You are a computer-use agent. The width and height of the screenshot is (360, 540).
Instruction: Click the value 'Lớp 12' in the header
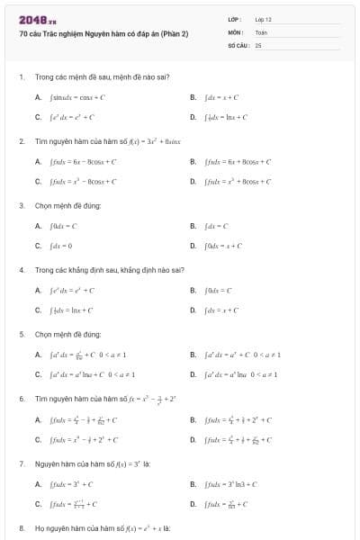263,19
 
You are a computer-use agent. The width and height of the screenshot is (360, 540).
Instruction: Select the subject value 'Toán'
261,31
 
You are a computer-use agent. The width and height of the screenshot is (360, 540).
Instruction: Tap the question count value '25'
258,44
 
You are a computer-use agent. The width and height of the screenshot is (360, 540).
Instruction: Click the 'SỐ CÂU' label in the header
238,44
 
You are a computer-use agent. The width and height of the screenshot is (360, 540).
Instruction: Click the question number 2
21,141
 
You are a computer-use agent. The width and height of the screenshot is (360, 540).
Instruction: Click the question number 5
21,333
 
